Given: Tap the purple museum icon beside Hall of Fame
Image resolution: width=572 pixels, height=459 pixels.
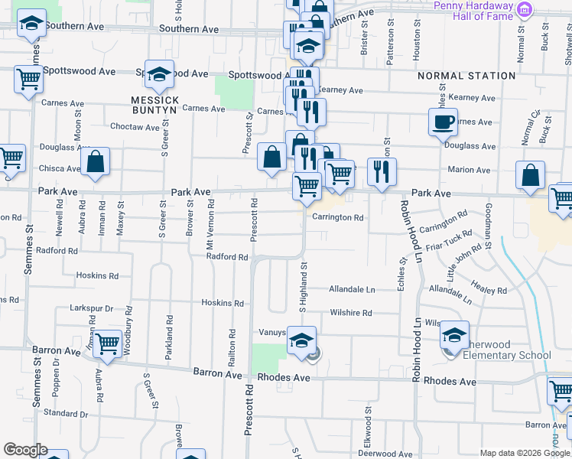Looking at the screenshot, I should click(x=524, y=9).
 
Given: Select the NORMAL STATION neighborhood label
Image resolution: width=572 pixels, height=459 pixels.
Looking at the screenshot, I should click(x=466, y=76).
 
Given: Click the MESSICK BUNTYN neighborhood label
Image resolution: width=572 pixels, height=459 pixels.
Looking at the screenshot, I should click(x=154, y=105).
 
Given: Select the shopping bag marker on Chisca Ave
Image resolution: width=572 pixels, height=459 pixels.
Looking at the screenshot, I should click(x=95, y=162).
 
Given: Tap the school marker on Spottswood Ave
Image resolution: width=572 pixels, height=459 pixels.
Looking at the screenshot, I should click(x=160, y=74).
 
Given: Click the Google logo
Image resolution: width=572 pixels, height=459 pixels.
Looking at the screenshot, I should click(x=25, y=450).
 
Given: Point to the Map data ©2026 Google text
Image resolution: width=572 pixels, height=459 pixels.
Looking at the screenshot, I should click(x=525, y=453).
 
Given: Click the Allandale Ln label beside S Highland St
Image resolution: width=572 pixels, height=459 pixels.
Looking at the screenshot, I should click(x=352, y=290).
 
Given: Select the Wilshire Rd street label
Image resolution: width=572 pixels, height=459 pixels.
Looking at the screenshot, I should click(x=351, y=313).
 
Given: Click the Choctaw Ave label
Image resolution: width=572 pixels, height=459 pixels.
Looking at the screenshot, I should click(x=134, y=126).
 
